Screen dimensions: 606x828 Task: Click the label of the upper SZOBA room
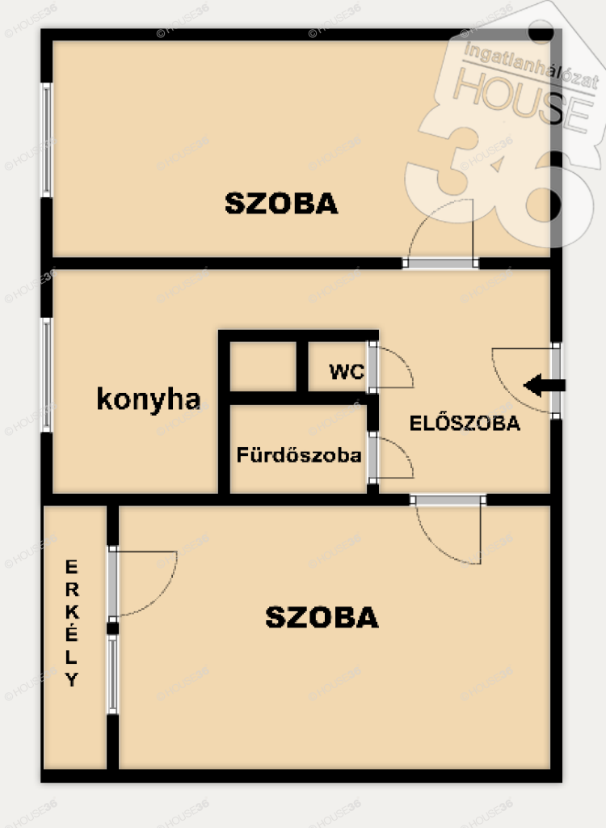pyautogui.click(x=281, y=203)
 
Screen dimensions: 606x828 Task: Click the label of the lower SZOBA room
pyautogui.click(x=322, y=617)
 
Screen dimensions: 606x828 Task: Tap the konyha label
pyautogui.click(x=149, y=399)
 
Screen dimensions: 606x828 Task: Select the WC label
pyautogui.click(x=347, y=371)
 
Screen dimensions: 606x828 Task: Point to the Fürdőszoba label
pyautogui.click(x=299, y=454)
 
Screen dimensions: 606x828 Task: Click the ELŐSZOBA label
pyautogui.click(x=465, y=423)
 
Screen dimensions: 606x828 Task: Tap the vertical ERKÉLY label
pyautogui.click(x=72, y=623)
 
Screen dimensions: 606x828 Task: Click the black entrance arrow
pyautogui.click(x=545, y=385)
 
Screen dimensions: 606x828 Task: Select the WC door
pyautogui.click(x=390, y=367)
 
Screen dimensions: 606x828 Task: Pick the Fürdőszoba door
pyautogui.click(x=390, y=458)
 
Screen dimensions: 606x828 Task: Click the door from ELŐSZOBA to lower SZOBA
pyautogui.click(x=448, y=529)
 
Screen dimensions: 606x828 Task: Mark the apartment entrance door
pyautogui.click(x=526, y=380)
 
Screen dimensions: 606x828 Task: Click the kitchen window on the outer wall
pyautogui.click(x=47, y=375)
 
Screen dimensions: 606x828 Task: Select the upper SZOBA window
pyautogui.click(x=47, y=140)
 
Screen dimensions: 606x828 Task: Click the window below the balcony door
pyautogui.click(x=112, y=674)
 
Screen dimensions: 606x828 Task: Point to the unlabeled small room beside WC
pyautogui.click(x=263, y=366)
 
